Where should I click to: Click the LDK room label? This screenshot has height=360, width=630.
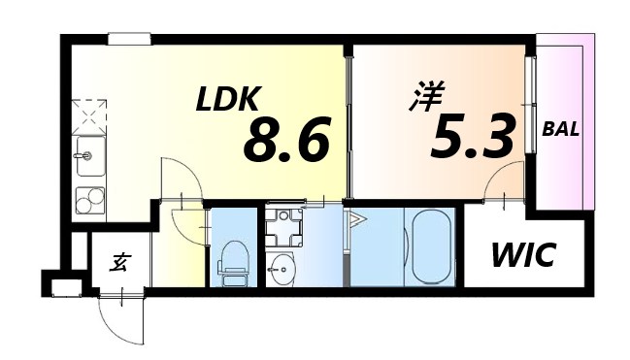tap(228, 99)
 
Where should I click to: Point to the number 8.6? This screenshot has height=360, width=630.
tap(286, 141)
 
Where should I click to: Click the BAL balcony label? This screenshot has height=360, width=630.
tap(561, 128)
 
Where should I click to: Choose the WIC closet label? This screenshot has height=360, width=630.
tap(522, 256)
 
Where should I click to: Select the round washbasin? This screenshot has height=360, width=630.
tap(281, 267)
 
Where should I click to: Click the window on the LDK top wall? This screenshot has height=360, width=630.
tap(129, 39)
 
